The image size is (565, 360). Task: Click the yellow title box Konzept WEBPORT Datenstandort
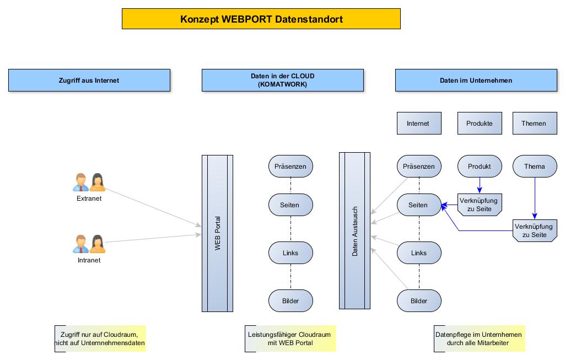pyautogui.click(x=261, y=19)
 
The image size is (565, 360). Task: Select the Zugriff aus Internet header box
pyautogui.click(x=89, y=80)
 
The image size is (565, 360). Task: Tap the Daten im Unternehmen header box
pyautogui.click(x=476, y=80)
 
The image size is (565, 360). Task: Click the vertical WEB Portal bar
pyautogui.click(x=218, y=233)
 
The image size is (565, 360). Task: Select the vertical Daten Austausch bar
pyautogui.click(x=354, y=230)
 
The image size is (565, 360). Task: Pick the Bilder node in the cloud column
pyautogui.click(x=290, y=300)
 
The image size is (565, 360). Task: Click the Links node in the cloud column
pyautogui.click(x=290, y=252)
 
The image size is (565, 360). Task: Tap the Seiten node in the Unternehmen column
pyautogui.click(x=419, y=205)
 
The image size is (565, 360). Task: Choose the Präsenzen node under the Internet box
pyautogui.click(x=419, y=166)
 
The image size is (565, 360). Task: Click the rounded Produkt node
pyautogui.click(x=480, y=166)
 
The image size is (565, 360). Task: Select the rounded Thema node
pyautogui.click(x=534, y=166)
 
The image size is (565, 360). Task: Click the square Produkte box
pyautogui.click(x=480, y=123)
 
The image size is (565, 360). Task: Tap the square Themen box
pyautogui.click(x=534, y=123)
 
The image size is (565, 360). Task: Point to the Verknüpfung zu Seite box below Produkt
pyautogui.click(x=480, y=205)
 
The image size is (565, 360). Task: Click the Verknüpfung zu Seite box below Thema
pyautogui.click(x=534, y=230)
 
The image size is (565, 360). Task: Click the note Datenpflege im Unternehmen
pyautogui.click(x=479, y=338)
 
